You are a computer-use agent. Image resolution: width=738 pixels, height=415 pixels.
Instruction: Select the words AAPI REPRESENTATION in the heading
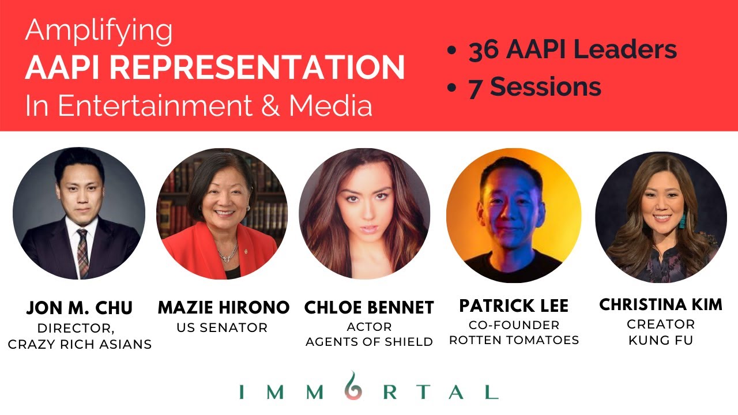click(214, 68)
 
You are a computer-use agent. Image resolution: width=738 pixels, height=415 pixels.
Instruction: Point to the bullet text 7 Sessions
click(534, 88)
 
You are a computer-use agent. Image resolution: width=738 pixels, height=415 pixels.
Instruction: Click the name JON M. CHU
click(79, 308)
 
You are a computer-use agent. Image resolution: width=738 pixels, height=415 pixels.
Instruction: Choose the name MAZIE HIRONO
click(224, 308)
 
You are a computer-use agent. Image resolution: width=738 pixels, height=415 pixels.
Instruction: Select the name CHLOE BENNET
click(369, 308)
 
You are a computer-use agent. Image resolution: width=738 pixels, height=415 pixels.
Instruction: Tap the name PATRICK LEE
click(514, 305)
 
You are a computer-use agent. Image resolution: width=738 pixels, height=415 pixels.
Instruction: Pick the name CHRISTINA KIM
click(661, 304)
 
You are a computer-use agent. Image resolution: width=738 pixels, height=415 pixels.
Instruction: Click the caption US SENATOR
click(222, 328)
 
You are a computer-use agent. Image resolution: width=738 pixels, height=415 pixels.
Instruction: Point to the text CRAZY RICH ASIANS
click(80, 345)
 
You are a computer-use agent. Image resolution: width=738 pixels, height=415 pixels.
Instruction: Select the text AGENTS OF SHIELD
click(369, 342)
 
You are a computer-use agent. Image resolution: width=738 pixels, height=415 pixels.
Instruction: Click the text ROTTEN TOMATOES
click(514, 340)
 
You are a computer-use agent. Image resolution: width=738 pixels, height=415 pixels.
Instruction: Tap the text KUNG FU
click(661, 340)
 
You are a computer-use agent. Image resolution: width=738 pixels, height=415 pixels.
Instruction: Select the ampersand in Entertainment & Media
click(269, 105)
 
